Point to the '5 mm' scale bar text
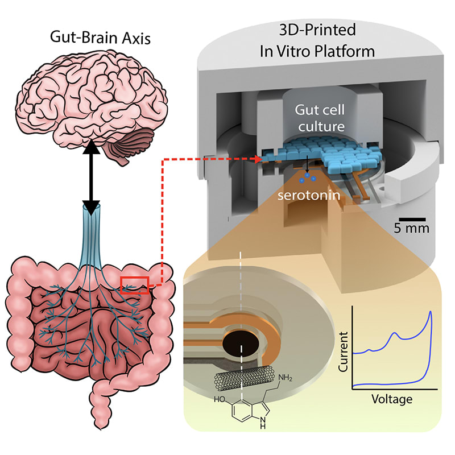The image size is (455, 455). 413,229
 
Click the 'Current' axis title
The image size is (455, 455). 342,353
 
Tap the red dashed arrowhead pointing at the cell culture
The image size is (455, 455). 263,160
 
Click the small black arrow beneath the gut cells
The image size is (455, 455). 307,165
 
